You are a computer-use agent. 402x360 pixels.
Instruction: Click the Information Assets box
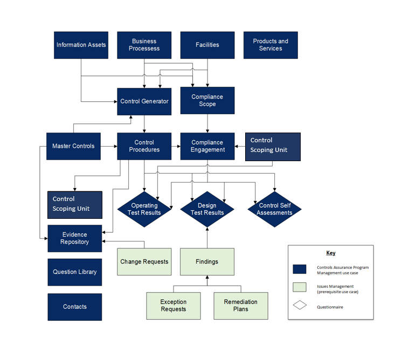pos(81,45)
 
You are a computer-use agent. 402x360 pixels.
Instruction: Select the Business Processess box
pos(144,45)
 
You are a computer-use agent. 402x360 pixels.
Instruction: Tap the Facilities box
pos(207,45)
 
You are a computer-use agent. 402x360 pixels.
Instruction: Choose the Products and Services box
pos(271,45)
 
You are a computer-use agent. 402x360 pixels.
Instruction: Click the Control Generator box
pos(144,101)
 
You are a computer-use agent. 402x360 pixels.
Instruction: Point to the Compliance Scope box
pos(207,100)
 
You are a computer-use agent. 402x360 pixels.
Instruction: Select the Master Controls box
pos(73,146)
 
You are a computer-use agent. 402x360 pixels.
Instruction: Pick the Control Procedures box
pos(144,146)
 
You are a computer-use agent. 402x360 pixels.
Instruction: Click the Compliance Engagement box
pos(207,146)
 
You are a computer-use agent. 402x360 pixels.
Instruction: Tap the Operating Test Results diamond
pos(144,209)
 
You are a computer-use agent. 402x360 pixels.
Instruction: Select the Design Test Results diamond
pos(207,209)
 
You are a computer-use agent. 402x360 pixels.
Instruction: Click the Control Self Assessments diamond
pos(275,209)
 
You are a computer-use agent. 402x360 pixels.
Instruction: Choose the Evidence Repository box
pos(74,238)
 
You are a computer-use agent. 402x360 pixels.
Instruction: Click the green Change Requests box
pos(144,261)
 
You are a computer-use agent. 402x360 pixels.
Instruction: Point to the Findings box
pos(207,261)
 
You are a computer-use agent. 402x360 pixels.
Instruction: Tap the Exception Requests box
pos(174,306)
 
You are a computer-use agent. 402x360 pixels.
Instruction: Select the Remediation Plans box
pos(241,306)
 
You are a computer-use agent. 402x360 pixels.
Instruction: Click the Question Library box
pos(74,272)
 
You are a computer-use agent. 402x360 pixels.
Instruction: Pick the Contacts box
pos(74,307)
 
